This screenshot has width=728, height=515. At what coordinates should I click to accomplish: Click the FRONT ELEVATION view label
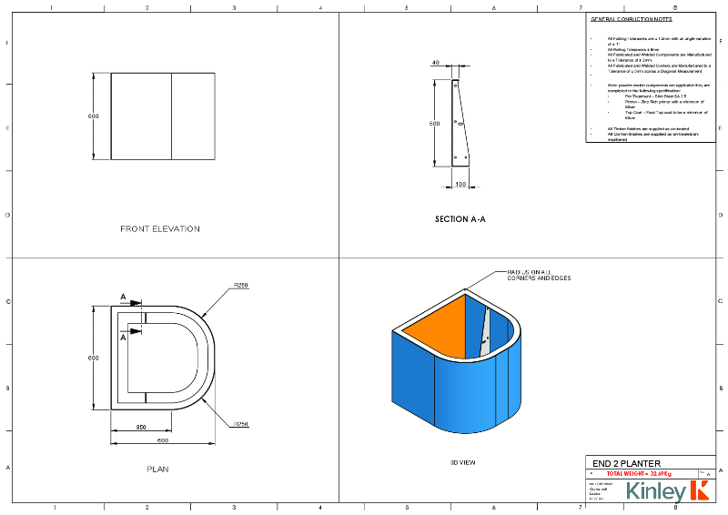[x=160, y=228]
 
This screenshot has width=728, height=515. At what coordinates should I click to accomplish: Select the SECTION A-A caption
[x=461, y=219]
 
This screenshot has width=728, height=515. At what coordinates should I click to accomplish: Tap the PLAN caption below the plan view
[x=157, y=470]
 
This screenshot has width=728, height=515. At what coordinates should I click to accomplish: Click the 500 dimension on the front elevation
[x=93, y=116]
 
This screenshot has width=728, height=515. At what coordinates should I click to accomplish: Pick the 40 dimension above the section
[x=436, y=63]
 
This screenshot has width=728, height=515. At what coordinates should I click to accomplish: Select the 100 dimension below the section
[x=461, y=185]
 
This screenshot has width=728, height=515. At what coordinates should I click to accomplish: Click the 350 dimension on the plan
[x=141, y=428]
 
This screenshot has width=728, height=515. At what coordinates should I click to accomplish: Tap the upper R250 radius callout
[x=240, y=285]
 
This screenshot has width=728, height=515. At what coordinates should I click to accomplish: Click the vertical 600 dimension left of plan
[x=93, y=358]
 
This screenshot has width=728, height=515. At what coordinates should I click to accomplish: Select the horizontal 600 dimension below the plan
[x=161, y=441]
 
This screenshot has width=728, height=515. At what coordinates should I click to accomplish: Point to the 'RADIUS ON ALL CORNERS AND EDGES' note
[x=539, y=275]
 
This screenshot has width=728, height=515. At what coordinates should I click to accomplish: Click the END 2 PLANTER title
[x=626, y=464]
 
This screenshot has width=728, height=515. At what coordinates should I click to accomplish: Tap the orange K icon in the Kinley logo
[x=700, y=492]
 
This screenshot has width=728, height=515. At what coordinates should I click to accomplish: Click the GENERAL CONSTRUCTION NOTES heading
[x=632, y=19]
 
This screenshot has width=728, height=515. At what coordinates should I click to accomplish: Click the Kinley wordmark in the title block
[x=656, y=492]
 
